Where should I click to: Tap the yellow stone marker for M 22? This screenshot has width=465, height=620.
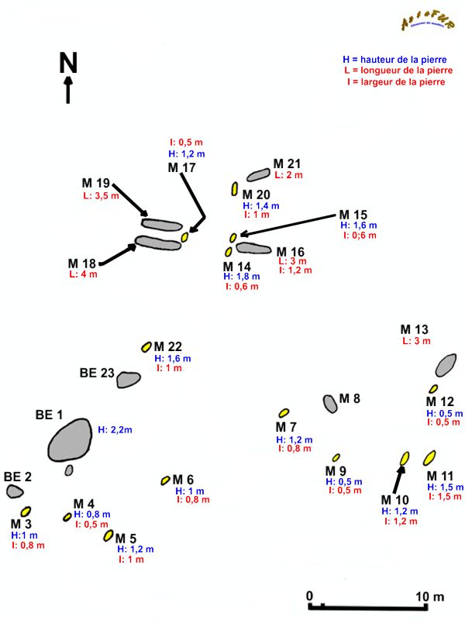pyautogui.click(x=146, y=346)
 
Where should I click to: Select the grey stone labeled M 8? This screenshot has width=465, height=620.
pyautogui.click(x=331, y=403)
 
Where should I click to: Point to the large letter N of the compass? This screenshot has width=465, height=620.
pyautogui.click(x=68, y=63)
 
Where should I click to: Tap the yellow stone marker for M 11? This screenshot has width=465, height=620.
pyautogui.click(x=429, y=457)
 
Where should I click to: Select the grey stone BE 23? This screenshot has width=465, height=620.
pyautogui.click(x=128, y=379)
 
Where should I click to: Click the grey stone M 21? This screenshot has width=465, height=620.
pyautogui.click(x=258, y=175)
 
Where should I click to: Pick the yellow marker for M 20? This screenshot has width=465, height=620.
pyautogui.click(x=234, y=189)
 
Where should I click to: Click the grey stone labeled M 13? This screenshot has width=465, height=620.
pyautogui.click(x=446, y=364)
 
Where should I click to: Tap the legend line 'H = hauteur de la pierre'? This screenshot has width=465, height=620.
pyautogui.click(x=393, y=60)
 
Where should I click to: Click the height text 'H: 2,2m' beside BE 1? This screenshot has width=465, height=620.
pyautogui.click(x=115, y=429)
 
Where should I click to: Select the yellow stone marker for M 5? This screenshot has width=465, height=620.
pyautogui.click(x=108, y=535)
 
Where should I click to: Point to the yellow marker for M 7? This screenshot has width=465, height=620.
pyautogui.click(x=284, y=413)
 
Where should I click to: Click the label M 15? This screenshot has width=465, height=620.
pyautogui.click(x=353, y=215)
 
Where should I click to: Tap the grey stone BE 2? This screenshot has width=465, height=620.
pyautogui.click(x=15, y=491)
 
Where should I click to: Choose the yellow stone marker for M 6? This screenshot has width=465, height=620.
pyautogui.click(x=165, y=480)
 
